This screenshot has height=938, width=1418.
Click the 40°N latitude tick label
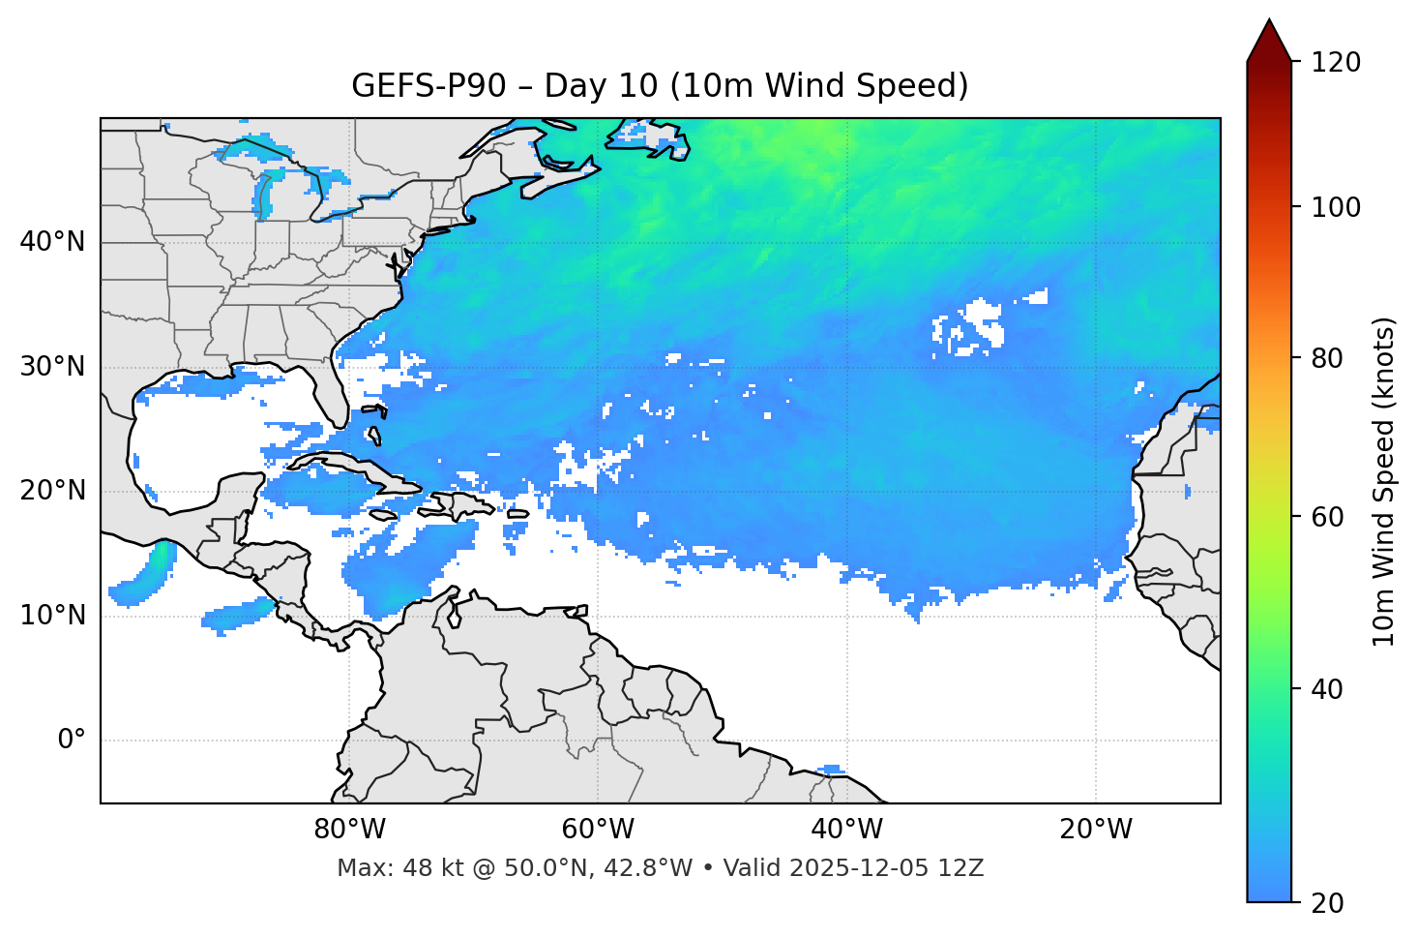point(52,242)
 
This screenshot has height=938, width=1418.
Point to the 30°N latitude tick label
point(52,367)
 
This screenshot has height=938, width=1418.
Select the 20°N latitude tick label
point(52,491)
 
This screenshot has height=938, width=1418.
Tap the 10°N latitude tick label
point(52,616)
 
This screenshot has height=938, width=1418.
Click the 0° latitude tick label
point(72,741)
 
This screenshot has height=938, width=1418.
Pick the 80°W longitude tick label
point(349,830)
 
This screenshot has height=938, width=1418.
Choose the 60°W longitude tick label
point(598,830)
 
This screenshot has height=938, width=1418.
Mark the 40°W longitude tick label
point(846,830)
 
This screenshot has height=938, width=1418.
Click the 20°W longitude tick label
point(1096,830)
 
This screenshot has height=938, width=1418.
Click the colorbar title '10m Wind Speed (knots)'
point(1384,481)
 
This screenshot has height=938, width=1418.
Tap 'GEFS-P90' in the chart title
point(428,86)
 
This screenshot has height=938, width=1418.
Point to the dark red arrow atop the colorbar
point(1269,43)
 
